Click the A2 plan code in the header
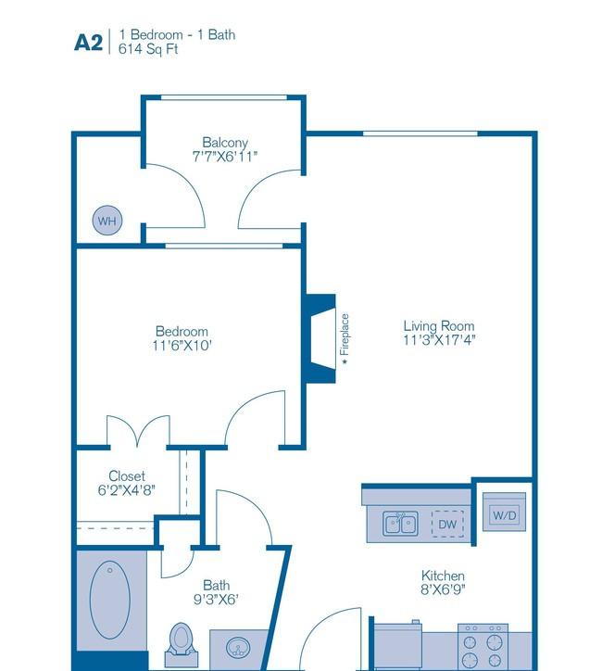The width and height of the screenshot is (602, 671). click(89, 43)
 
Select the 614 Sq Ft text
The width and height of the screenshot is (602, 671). click(148, 49)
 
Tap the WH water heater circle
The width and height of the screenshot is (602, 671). click(107, 221)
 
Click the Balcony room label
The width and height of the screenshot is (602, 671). click(225, 143)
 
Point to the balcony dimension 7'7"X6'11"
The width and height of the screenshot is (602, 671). click(225, 157)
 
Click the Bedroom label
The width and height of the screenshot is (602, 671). click(182, 331)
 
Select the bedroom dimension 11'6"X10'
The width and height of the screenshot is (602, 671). click(182, 346)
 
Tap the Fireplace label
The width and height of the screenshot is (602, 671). click(345, 335)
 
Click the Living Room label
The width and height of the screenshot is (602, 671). click(439, 326)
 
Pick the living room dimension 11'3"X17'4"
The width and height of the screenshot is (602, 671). click(440, 340)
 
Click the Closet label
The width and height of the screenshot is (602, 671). click(127, 475)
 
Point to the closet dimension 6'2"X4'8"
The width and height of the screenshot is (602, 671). click(127, 490)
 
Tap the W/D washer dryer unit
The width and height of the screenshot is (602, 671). click(505, 512)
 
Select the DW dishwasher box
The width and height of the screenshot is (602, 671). click(447, 524)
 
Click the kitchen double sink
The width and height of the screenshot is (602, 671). click(400, 524)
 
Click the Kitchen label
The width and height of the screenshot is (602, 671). click(443, 576)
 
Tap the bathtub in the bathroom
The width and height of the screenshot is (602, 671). click(110, 600)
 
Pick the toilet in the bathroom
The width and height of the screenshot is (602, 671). click(182, 639)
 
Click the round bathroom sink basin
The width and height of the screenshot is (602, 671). click(238, 648)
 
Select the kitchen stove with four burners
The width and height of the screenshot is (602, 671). click(483, 646)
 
